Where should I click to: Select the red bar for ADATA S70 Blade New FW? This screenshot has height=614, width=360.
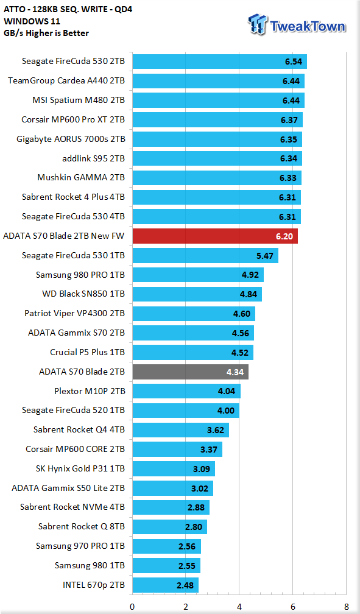click(x=215, y=236)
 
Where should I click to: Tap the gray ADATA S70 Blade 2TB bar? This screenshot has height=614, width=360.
click(x=191, y=372)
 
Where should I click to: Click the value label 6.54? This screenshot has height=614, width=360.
click(x=294, y=62)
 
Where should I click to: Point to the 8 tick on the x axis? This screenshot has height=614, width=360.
click(x=345, y=607)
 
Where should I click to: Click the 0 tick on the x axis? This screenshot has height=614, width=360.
click(x=132, y=607)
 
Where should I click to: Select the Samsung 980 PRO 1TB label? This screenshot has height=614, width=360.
click(x=80, y=275)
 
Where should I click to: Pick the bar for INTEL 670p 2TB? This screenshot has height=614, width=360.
click(x=165, y=585)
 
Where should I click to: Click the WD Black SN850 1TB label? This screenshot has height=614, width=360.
click(x=83, y=294)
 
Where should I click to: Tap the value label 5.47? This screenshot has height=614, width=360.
click(x=265, y=256)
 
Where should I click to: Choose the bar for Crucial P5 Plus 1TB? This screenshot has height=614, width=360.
click(x=192, y=353)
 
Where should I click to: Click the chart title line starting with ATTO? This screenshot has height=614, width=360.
click(x=68, y=9)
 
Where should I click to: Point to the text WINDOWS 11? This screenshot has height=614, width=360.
click(x=32, y=21)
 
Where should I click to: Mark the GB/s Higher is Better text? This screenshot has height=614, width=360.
click(x=46, y=34)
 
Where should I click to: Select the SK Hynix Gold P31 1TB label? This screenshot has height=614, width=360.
click(x=80, y=469)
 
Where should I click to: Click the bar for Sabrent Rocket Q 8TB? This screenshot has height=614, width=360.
click(x=169, y=527)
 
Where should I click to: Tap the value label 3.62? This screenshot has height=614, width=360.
click(x=216, y=430)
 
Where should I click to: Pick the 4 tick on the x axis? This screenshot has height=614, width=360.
click(x=239, y=607)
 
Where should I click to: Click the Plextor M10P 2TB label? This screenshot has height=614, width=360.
click(x=90, y=391)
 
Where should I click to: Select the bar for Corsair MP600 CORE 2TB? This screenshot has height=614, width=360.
click(x=177, y=449)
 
